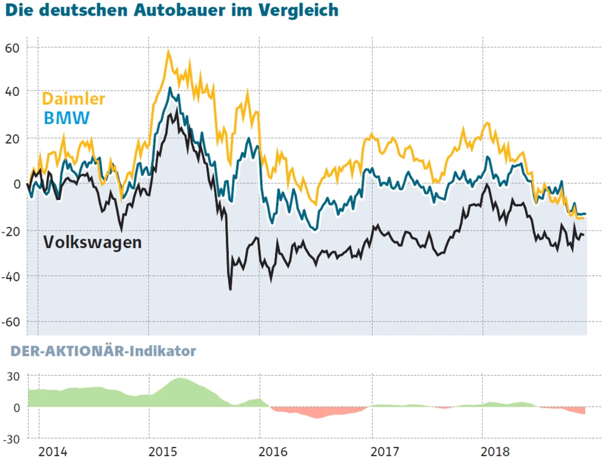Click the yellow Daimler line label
(73, 98)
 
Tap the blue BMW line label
(67, 117)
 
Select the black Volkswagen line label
(92, 242)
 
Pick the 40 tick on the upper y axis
(13, 92)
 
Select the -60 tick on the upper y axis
(12, 322)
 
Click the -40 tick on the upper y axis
(12, 277)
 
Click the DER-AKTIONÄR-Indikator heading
(103, 351)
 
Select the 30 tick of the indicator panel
(13, 376)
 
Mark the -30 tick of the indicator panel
(12, 438)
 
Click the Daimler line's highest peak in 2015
(168, 52)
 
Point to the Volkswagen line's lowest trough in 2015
(230, 289)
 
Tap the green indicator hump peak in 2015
(180, 379)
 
